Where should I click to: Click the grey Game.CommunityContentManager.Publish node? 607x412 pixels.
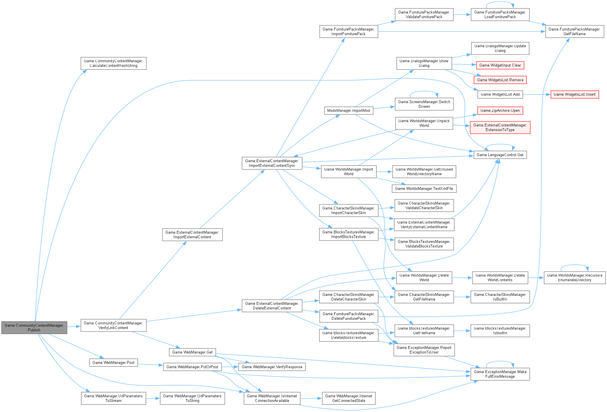pos(34,328)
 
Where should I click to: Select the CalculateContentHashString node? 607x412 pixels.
pos(113,63)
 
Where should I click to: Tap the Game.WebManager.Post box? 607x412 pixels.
pos(113,362)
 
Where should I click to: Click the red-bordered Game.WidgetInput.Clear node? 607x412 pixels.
pos(500,65)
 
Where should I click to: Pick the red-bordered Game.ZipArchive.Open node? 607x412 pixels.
pos(500,110)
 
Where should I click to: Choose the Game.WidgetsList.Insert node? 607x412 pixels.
pos(574,94)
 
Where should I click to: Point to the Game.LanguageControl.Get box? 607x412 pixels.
pos(500,155)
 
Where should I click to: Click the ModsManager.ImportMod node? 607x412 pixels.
pos(348,111)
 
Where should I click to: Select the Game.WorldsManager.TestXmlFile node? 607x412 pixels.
pos(424,188)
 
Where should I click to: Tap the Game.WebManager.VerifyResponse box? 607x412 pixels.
pos(272,367)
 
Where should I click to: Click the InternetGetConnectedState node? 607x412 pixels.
pos(348,398)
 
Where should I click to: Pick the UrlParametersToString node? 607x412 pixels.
pos(192,398)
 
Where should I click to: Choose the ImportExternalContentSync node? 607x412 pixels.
pos(272,163)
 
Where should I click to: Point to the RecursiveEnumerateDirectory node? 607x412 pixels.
pos(574,277)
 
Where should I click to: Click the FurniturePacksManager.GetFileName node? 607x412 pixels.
pos(574,31)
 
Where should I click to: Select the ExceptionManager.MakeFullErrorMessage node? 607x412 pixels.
pos(500,374)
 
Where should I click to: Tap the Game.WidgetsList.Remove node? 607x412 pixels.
pos(500,80)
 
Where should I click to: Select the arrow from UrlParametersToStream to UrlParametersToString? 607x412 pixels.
pos(153,398)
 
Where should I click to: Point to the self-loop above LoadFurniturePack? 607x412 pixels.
pos(500,2)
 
